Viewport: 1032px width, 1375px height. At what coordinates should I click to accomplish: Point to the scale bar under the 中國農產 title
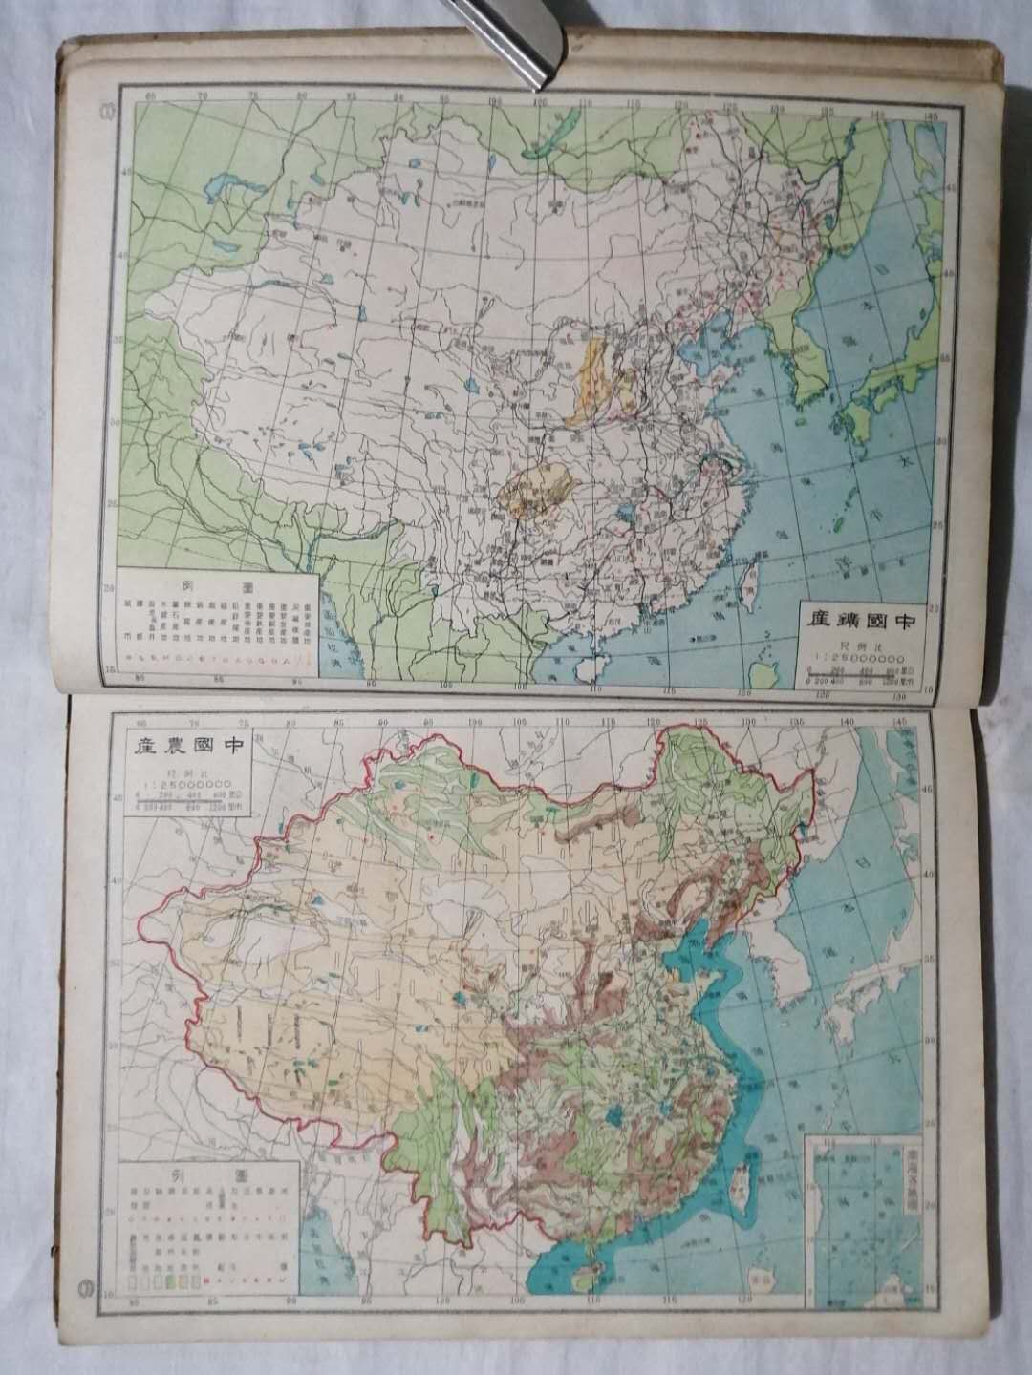click(188, 798)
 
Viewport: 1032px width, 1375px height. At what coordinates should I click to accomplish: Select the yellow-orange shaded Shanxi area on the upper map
click(593, 377)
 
